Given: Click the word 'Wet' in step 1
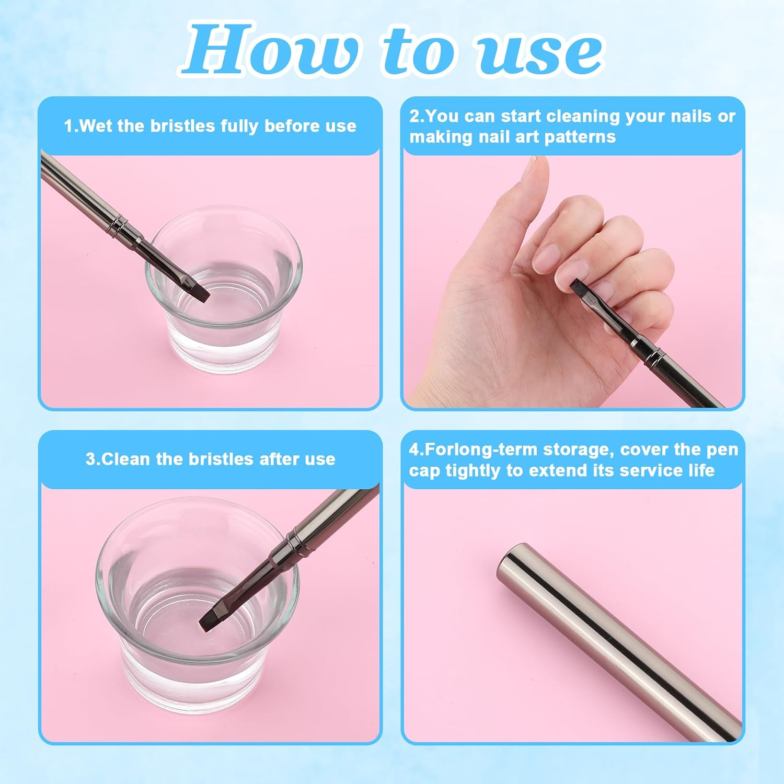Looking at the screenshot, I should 96,126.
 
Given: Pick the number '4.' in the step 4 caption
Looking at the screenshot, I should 417,449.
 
